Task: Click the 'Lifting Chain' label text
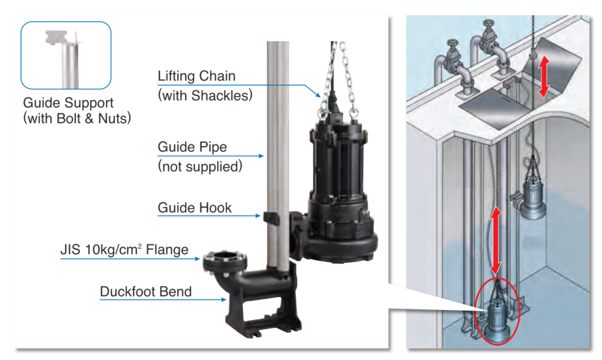coord(196,76)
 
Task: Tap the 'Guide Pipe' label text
coord(192,147)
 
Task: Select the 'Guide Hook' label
coord(195,208)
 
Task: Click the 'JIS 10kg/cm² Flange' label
coord(124,249)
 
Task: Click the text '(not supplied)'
coord(200,166)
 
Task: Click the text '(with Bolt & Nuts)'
coord(76,119)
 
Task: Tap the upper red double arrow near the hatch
coord(544,76)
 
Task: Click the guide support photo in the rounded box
coord(65,55)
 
